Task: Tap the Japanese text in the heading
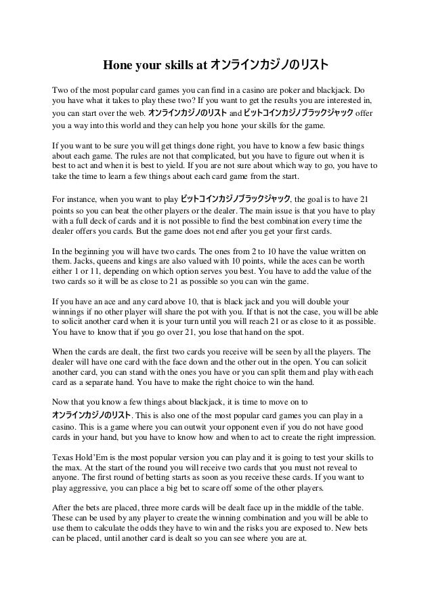(x=270, y=66)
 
